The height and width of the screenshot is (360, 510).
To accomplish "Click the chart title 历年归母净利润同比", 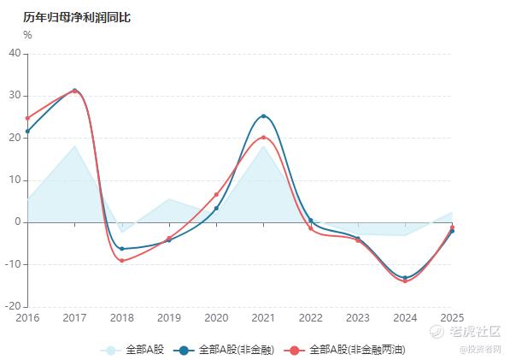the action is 77,17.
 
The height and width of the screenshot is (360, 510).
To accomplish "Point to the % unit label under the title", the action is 27,35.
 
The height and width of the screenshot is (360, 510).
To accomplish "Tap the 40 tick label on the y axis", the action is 15,53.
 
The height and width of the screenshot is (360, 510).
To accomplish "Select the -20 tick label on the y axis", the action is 13,306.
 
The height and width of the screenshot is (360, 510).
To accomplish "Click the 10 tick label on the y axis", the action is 15,180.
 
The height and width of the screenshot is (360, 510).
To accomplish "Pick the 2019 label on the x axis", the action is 169,318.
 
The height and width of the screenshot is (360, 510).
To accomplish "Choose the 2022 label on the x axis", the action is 311,318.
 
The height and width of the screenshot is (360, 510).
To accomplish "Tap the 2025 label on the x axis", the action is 452,318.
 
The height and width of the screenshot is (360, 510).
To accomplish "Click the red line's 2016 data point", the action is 27,118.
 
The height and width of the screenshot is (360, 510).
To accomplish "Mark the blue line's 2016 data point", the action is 27,131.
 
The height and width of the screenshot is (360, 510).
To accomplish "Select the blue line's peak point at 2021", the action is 263,116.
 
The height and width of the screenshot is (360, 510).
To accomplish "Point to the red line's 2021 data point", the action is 263,138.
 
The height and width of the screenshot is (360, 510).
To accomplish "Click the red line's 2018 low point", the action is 122,261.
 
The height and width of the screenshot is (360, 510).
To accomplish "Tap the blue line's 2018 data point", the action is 122,249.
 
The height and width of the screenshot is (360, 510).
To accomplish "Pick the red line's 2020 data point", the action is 216,195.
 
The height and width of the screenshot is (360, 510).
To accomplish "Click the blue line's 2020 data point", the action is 216,209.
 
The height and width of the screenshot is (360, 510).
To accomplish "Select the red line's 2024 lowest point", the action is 405,281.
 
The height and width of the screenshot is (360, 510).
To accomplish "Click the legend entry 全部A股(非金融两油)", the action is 344,351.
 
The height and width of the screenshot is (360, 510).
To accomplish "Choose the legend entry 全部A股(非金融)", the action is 224,351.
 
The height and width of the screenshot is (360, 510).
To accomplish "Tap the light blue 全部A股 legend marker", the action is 110,351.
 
